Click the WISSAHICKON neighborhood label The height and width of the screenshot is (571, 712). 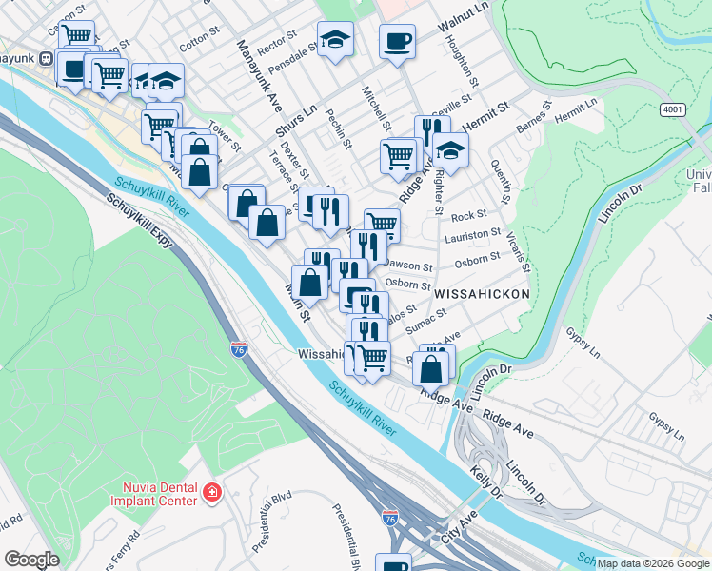[482, 295]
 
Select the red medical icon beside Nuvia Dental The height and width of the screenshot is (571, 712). [212, 493]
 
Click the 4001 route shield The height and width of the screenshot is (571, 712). [673, 109]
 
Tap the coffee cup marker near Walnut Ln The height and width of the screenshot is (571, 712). [397, 41]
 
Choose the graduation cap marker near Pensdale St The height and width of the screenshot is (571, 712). [335, 39]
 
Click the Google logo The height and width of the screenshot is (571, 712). [31, 560]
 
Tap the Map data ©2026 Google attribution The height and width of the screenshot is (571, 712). [653, 563]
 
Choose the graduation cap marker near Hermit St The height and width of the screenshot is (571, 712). [450, 149]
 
